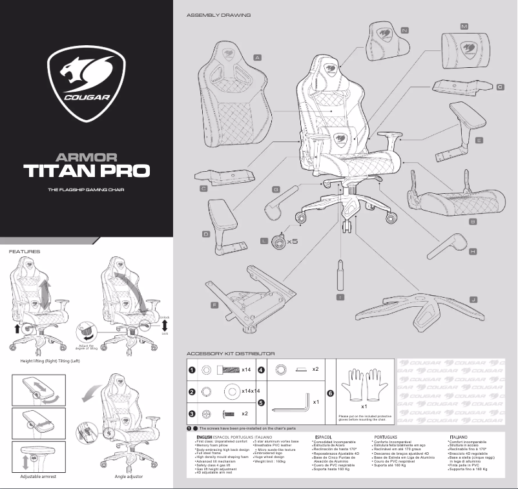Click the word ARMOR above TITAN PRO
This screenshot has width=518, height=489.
click(86, 156)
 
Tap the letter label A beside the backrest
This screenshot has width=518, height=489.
click(257, 57)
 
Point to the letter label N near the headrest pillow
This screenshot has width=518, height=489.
click(404, 30)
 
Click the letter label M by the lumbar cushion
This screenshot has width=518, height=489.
click(464, 26)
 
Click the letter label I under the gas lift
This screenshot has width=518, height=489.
click(340, 297)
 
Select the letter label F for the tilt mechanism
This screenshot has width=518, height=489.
click(214, 304)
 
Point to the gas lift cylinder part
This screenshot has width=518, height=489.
click(340, 271)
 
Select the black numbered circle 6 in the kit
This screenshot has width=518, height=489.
click(331, 393)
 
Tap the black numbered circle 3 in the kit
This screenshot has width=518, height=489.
click(192, 413)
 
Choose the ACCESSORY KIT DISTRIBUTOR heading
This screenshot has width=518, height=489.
click(231, 353)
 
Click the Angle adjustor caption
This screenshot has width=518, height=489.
click(128, 477)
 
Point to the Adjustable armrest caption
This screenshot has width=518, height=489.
click(38, 477)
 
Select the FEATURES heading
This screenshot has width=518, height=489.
click(25, 251)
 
